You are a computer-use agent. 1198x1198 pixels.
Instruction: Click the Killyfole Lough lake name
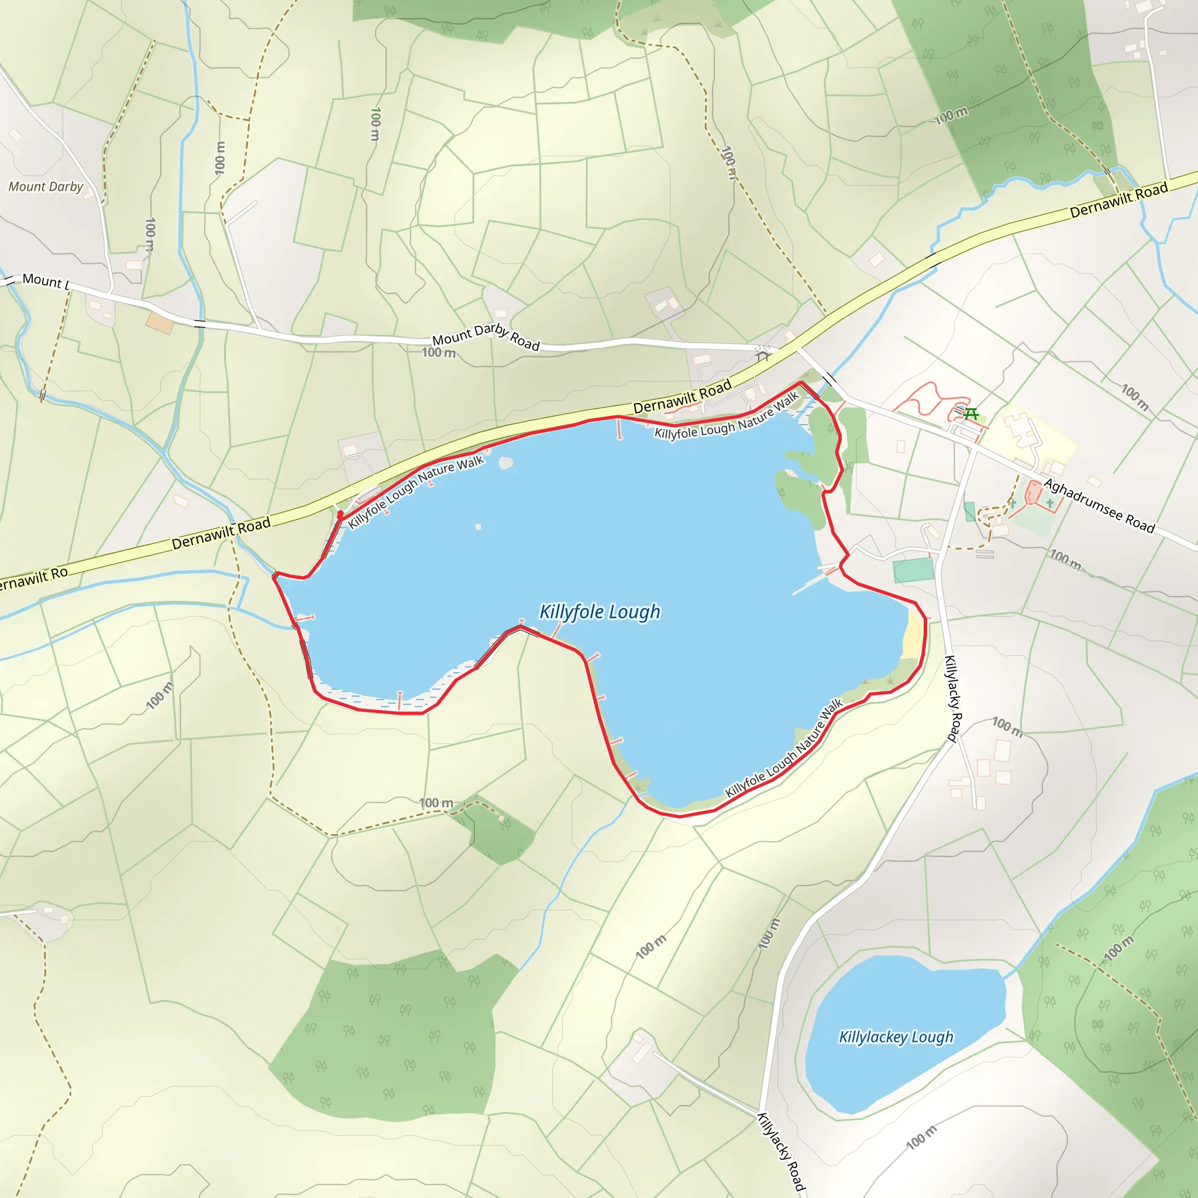pyautogui.click(x=599, y=612)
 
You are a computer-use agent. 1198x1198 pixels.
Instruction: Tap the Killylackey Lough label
pyautogui.click(x=896, y=1037)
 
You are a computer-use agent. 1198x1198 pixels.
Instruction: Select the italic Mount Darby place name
pyautogui.click(x=45, y=187)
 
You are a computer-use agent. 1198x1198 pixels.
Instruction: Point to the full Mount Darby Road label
pyautogui.click(x=486, y=337)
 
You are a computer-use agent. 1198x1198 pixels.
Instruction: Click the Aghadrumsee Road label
pyautogui.click(x=1099, y=506)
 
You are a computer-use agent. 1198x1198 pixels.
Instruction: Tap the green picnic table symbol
pyautogui.click(x=971, y=414)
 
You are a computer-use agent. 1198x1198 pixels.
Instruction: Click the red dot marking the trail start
pyautogui.click(x=340, y=514)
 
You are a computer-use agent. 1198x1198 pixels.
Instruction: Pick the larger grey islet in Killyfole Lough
pyautogui.click(x=506, y=463)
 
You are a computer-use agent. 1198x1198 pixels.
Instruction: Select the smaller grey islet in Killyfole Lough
pyautogui.click(x=477, y=527)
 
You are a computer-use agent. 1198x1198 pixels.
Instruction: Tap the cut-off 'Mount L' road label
pyautogui.click(x=44, y=281)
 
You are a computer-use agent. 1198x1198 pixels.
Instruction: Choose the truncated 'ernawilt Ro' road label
pyautogui.click(x=32, y=579)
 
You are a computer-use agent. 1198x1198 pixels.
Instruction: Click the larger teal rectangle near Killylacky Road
pyautogui.click(x=913, y=570)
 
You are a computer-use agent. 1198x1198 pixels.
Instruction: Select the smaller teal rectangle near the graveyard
pyautogui.click(x=970, y=512)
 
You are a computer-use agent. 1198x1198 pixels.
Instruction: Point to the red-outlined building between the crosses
pyautogui.click(x=1034, y=494)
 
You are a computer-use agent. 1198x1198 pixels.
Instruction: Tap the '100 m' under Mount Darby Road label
pyautogui.click(x=438, y=353)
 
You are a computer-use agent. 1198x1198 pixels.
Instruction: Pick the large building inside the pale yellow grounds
pyautogui.click(x=1021, y=431)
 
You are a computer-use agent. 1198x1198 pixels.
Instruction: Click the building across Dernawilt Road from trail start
pyautogui.click(x=350, y=450)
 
